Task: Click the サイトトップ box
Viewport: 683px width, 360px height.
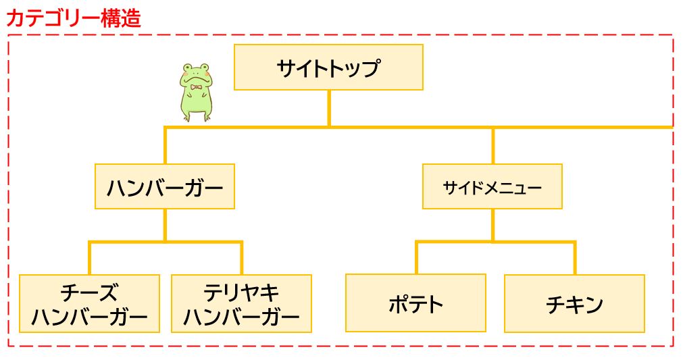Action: point(328,68)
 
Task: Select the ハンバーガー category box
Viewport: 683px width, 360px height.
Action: point(165,186)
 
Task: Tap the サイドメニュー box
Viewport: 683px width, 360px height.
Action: point(492,186)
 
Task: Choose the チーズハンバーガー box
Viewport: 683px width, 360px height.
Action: point(89,303)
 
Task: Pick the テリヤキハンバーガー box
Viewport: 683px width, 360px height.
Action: point(241,303)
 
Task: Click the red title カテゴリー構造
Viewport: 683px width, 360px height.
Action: point(74,18)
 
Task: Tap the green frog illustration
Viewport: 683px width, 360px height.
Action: point(195,92)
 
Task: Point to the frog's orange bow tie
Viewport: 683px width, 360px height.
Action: point(197,87)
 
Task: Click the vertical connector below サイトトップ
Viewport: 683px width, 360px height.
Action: point(329,108)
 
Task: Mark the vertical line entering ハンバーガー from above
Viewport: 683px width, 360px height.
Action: point(165,145)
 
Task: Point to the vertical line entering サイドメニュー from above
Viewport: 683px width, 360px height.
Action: point(492,145)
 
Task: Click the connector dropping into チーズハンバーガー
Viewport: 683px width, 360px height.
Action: point(89,259)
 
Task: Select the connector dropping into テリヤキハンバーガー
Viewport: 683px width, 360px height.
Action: point(241,259)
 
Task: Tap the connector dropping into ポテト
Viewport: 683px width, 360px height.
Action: point(416,258)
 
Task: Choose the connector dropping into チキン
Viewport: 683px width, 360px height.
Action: point(574,258)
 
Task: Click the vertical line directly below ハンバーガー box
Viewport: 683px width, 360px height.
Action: point(165,225)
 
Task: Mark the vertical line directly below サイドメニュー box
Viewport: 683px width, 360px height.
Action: point(492,225)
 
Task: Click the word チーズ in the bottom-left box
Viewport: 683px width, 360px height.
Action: point(89,293)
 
